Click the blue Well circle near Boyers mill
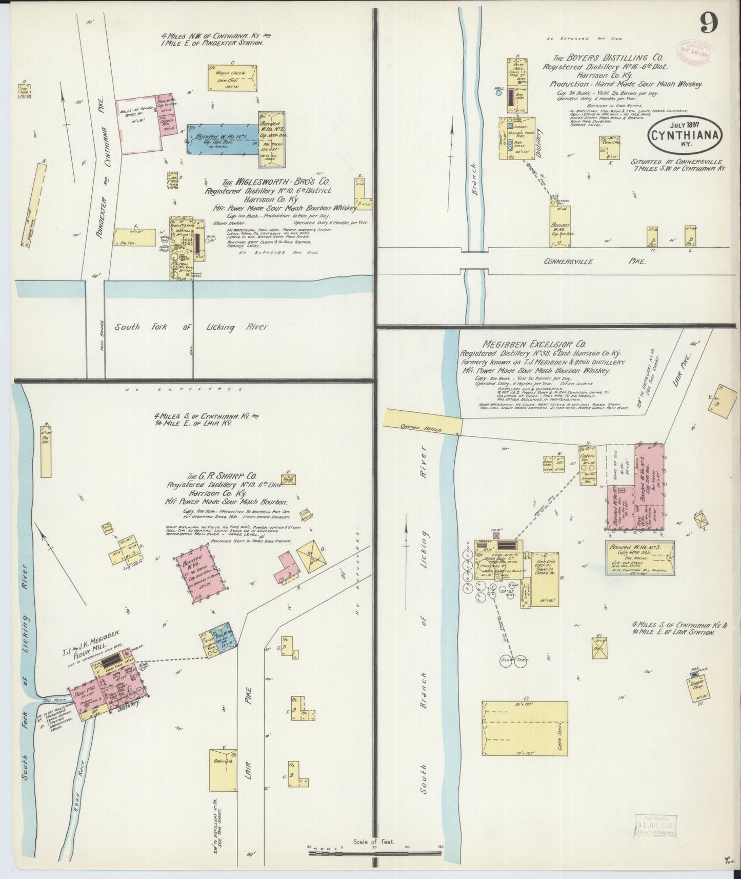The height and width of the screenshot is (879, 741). [x=498, y=94]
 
